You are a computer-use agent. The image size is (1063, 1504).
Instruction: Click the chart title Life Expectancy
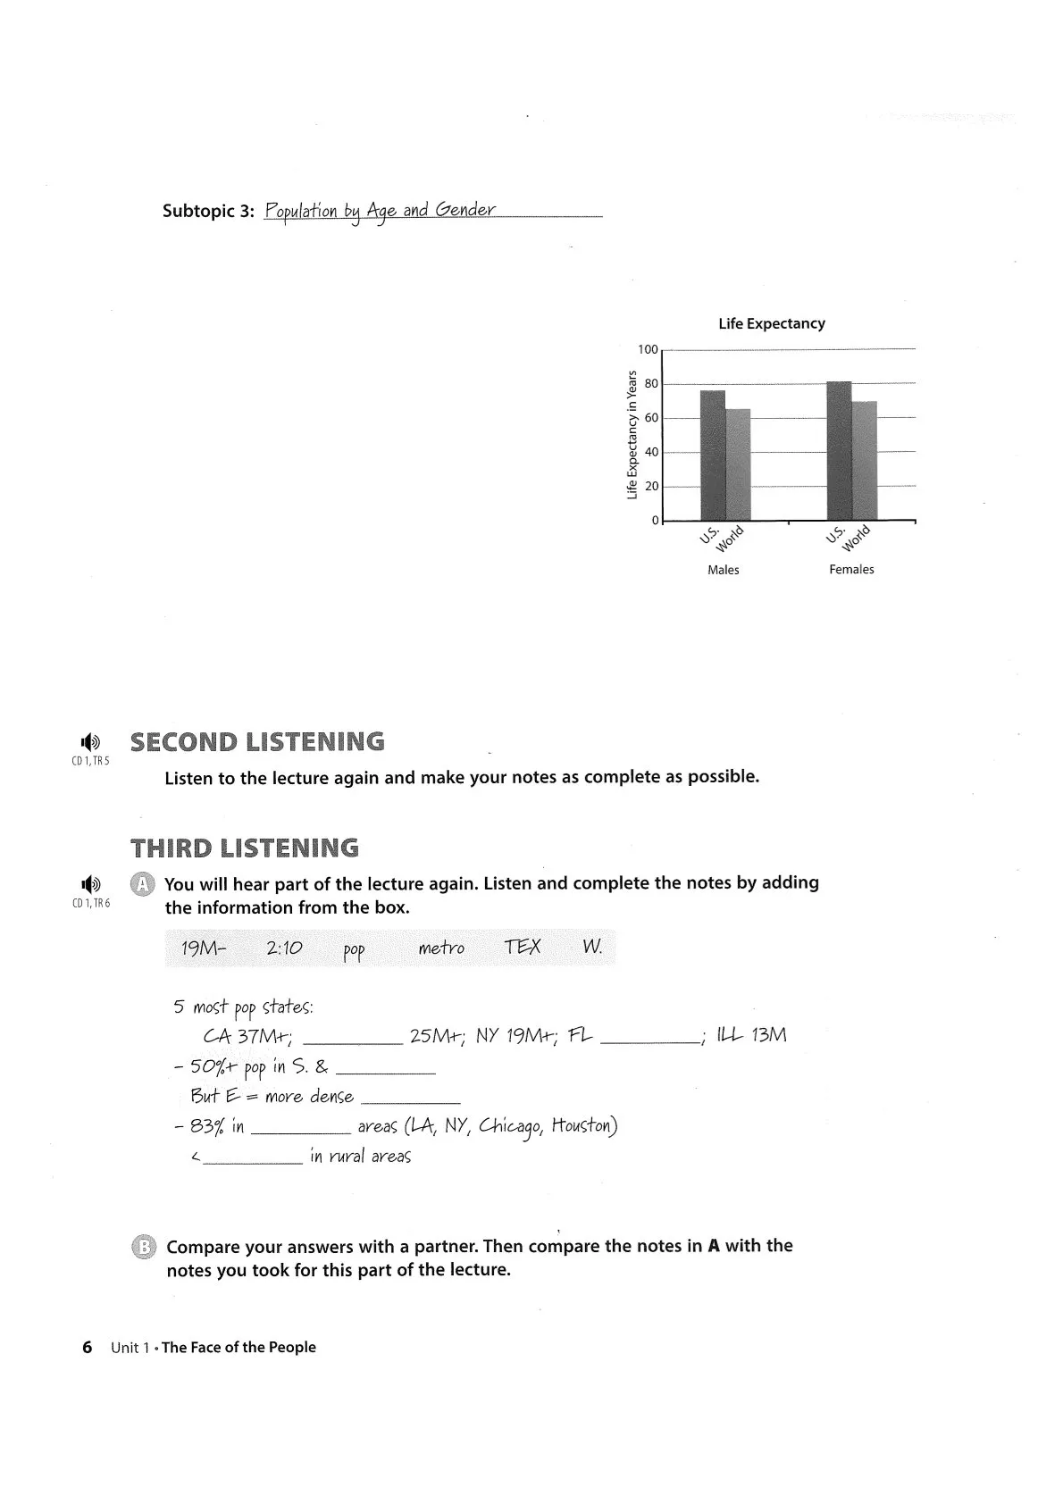point(771,323)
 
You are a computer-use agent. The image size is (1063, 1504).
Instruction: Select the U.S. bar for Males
point(712,455)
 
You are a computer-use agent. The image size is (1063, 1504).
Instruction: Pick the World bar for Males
point(738,464)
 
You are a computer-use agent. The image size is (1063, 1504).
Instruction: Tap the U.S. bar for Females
point(839,451)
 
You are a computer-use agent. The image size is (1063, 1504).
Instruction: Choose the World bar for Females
point(865,461)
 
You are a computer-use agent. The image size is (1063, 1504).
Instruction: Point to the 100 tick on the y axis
point(647,349)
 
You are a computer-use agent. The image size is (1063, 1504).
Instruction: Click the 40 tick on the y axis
point(650,452)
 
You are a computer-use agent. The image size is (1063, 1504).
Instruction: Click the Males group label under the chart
point(723,570)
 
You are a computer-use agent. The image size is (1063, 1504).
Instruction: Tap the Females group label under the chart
point(851,570)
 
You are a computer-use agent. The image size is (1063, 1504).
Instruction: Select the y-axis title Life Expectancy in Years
point(632,434)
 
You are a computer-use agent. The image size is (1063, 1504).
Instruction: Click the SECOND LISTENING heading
point(257,742)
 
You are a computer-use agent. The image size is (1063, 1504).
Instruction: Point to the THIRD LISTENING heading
point(245,848)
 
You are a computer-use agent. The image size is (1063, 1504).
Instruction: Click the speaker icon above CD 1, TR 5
point(90,741)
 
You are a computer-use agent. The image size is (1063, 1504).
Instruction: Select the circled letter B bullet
point(143,1247)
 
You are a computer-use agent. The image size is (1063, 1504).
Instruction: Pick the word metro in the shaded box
point(441,948)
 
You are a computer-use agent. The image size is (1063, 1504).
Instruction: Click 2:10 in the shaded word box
point(284,948)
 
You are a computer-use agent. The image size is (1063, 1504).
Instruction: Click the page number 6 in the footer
point(87,1348)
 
